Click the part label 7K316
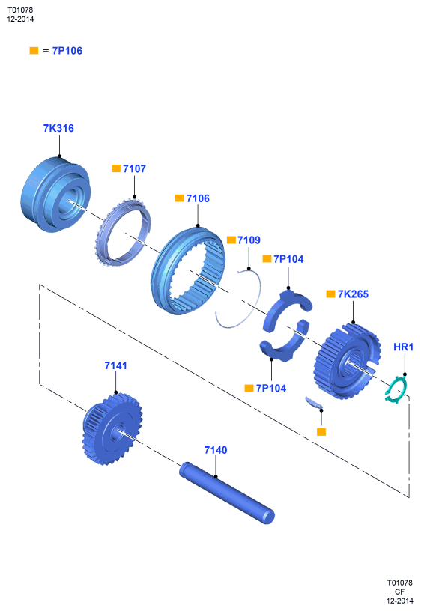point(58,128)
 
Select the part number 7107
point(134,168)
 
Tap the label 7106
point(198,198)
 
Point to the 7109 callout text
point(249,240)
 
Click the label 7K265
point(353,294)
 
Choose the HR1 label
point(404,347)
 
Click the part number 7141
point(116,365)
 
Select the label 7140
point(216,450)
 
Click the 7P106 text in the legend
point(67,51)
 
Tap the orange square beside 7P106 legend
point(34,51)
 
